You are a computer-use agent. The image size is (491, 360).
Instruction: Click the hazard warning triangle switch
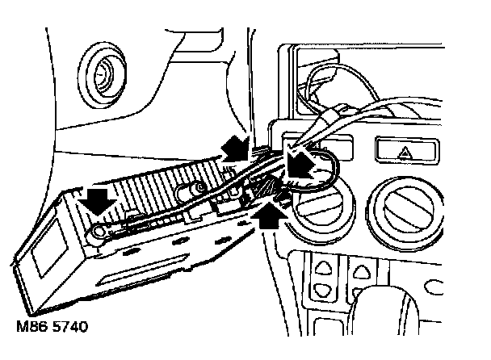[405, 150]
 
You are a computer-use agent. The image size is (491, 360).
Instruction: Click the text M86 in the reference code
[28, 329]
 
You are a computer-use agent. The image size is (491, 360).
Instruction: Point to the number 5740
[69, 329]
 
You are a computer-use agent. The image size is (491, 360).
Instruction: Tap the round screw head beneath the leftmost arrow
[99, 234]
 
